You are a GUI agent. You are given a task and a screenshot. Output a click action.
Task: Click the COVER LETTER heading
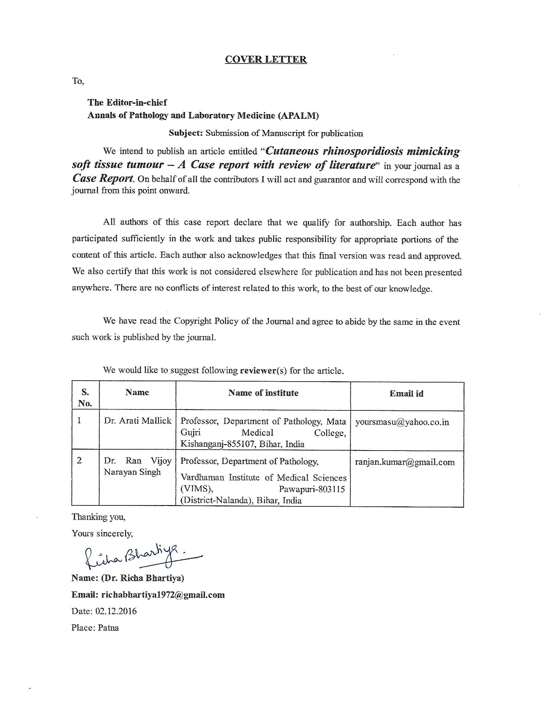tap(265, 59)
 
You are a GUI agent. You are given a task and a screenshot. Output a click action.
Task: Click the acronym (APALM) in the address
tap(298, 116)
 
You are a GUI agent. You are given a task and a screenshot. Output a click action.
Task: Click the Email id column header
tap(406, 393)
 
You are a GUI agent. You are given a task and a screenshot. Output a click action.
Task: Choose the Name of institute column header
tap(263, 393)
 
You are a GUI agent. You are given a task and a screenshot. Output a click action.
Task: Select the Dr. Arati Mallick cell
tap(138, 421)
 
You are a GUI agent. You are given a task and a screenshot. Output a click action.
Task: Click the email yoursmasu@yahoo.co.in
tap(402, 422)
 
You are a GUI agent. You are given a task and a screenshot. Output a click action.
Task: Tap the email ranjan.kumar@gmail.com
tap(405, 462)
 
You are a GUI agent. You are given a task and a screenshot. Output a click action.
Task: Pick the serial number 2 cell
tap(79, 460)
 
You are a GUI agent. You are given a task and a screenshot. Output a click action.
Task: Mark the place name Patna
tap(108, 628)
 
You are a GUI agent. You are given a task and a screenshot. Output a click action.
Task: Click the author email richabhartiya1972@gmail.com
tap(163, 595)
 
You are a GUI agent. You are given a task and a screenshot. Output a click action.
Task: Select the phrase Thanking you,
tap(98, 517)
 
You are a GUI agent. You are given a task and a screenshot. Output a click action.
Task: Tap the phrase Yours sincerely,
tap(102, 533)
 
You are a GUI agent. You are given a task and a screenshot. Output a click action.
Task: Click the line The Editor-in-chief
tap(127, 102)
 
